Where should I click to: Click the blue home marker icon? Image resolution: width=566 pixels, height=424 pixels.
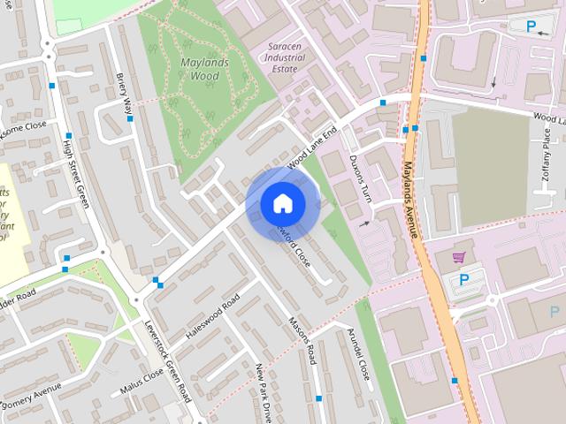coord(282,204)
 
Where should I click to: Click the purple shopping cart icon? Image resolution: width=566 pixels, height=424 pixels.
coord(458,257)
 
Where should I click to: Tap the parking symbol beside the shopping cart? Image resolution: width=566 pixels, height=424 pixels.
coord(464,281)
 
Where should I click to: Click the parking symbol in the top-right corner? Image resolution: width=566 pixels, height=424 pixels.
coord(532,26)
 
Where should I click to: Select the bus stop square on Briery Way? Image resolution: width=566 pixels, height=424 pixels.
coord(130,118)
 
